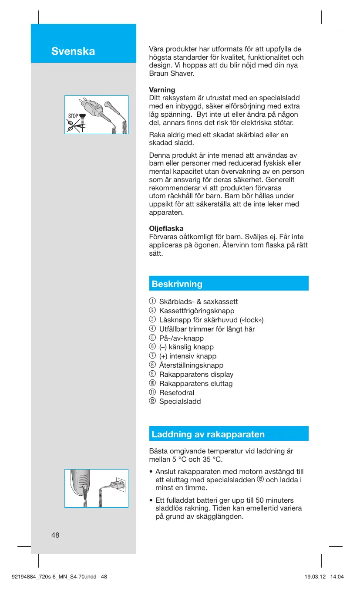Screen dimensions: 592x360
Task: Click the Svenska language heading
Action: (x=73, y=51)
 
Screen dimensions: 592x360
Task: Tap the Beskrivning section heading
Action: (x=177, y=284)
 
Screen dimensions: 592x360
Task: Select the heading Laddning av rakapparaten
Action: (x=208, y=434)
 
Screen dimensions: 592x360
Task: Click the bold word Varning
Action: (x=162, y=90)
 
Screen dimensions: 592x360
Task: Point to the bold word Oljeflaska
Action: (x=166, y=228)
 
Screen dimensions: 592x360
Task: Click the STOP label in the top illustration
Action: (x=72, y=116)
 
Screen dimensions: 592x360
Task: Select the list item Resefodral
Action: (x=176, y=392)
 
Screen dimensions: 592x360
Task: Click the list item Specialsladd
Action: (x=180, y=402)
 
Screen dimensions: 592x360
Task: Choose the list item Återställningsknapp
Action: (x=191, y=365)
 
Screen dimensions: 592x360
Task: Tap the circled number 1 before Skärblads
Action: (x=152, y=301)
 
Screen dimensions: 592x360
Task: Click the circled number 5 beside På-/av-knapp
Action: (x=152, y=338)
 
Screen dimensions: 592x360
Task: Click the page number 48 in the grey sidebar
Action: (x=55, y=535)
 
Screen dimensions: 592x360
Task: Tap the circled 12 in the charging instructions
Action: (x=260, y=480)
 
